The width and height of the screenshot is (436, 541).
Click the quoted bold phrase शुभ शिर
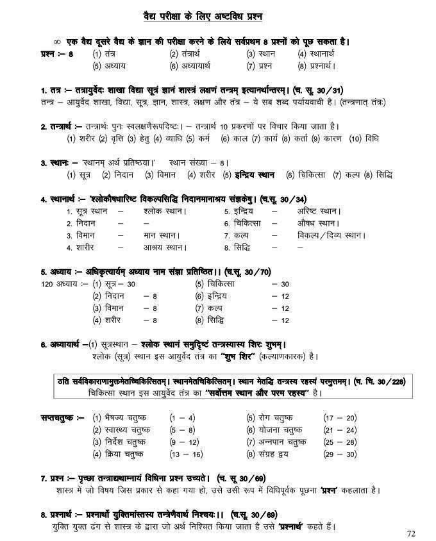pyautogui.click(x=239, y=356)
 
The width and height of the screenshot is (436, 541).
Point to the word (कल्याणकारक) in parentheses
pyautogui.click(x=288, y=356)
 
